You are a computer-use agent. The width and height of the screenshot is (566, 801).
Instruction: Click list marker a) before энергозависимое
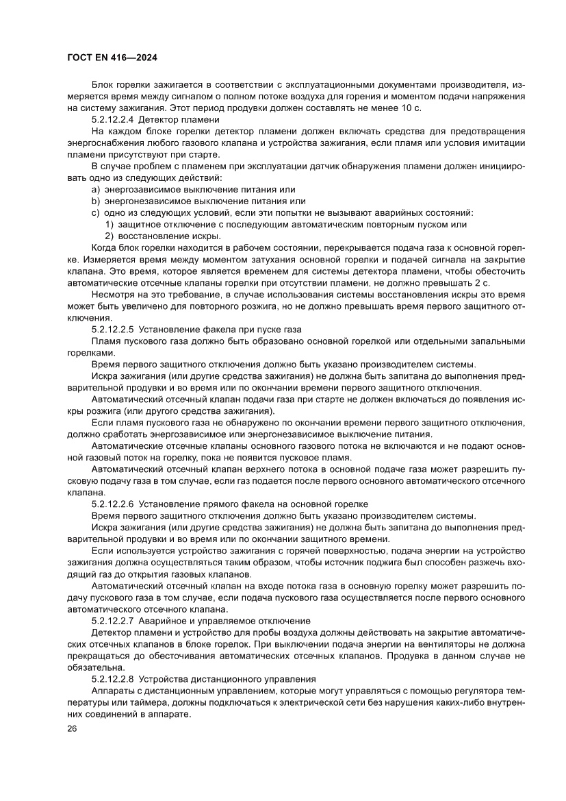pyautogui.click(x=95, y=189)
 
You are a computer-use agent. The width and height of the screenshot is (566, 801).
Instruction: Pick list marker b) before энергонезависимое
pyautogui.click(x=95, y=201)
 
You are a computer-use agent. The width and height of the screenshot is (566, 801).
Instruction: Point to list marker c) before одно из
pyautogui.click(x=95, y=212)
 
